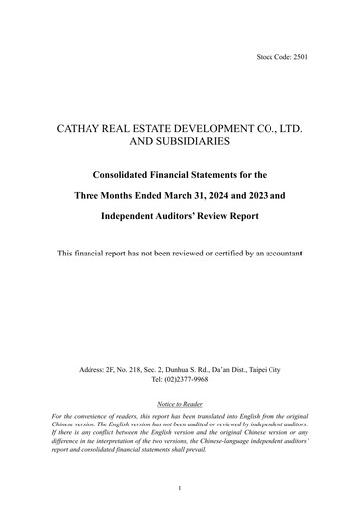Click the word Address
click(92, 370)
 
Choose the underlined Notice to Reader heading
click(179, 406)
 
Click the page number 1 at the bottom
click(179, 488)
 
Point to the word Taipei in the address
click(255, 370)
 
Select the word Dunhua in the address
click(178, 370)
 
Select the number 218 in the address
click(137, 370)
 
